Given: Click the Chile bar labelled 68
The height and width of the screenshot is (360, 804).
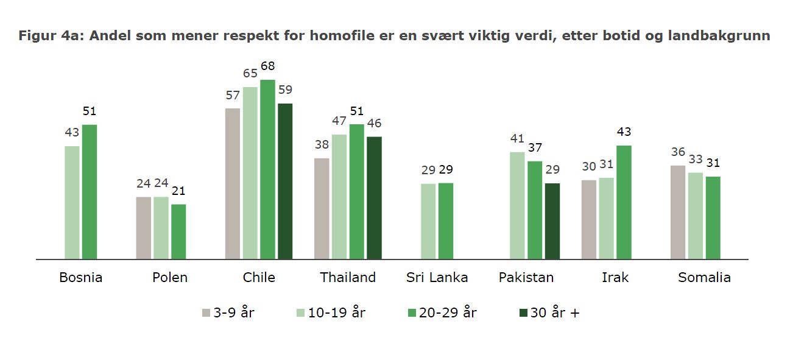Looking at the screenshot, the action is pos(268,169).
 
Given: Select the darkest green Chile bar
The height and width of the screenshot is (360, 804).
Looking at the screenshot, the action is pos(285,182).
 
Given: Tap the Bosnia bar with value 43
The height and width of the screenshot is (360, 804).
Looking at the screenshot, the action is pos(72,202).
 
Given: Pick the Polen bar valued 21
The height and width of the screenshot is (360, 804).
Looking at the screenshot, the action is pos(178,231).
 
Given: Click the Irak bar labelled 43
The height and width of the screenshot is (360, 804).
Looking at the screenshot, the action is pos(624,202).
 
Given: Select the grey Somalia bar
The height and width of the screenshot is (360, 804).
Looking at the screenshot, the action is pos(678,212).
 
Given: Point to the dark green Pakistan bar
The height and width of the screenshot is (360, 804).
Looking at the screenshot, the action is pos(552,221).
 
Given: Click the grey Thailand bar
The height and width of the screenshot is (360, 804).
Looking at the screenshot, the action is pos(322,208).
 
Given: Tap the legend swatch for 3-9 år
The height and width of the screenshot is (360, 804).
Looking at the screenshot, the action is pos(206,313).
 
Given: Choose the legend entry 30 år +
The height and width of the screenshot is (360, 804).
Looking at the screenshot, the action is pos(549,312).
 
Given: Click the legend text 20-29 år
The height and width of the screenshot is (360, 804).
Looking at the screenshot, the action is pos(448,312).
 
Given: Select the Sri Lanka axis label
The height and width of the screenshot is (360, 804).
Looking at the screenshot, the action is pos(437,277).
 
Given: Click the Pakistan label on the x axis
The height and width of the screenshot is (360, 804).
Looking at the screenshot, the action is pos(526,277).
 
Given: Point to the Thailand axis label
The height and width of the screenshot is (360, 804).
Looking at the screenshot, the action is pos(348,277).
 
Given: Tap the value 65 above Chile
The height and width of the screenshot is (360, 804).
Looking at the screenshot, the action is pos(250,73).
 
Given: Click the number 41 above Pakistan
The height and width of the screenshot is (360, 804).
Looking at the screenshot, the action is pos(517,138).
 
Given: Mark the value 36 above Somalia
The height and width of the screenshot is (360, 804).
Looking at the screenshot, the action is pos(678,152).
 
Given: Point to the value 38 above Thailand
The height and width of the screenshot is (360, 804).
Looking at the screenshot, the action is pos(322,144).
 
